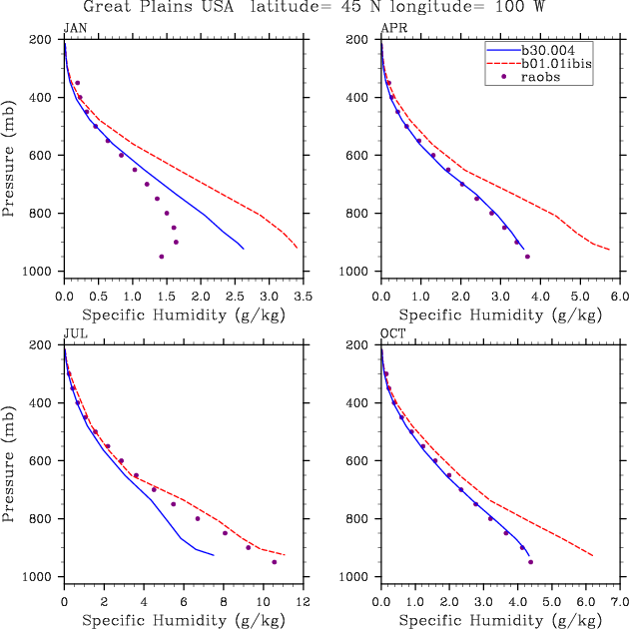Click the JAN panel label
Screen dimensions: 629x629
coord(74,28)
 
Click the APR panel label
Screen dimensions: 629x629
coord(392,28)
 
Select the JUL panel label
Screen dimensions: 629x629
coord(74,334)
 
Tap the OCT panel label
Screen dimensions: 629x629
coord(392,334)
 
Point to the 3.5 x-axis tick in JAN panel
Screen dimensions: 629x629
coord(303,297)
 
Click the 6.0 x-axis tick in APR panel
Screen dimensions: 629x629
coord(619,297)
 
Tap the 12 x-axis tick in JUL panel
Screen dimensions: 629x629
coord(303,602)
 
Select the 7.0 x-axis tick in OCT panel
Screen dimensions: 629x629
coord(619,602)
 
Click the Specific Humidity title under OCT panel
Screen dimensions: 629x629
coord(499,621)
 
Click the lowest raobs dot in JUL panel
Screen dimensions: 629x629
coord(275,562)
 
